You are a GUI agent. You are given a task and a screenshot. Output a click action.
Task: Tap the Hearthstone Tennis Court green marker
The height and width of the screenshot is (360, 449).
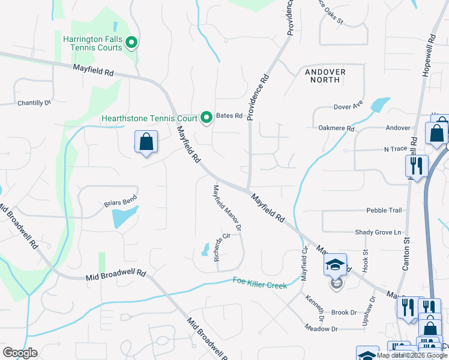(206, 116)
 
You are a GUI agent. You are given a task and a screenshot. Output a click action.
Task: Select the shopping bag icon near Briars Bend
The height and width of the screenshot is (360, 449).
(146, 143)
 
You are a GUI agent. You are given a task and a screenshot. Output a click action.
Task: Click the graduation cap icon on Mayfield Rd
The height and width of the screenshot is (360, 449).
(335, 265)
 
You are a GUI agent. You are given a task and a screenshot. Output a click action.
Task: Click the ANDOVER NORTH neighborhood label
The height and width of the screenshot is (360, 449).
(325, 76)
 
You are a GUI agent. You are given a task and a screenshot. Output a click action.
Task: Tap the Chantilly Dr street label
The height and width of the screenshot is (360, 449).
(34, 103)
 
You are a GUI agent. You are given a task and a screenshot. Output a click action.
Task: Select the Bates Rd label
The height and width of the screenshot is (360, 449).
(229, 116)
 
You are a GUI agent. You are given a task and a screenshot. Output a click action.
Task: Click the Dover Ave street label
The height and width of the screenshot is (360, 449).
(349, 106)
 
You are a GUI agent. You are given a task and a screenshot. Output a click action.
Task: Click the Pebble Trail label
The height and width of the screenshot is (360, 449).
(384, 211)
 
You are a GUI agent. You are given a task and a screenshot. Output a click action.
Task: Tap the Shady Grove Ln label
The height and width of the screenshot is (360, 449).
(378, 232)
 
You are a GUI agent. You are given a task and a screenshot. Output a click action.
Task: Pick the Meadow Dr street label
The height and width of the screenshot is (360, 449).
(321, 328)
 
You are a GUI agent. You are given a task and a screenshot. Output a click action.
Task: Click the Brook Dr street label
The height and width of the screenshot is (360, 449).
(344, 313)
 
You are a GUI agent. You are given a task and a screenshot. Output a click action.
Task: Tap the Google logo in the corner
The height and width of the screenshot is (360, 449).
(20, 353)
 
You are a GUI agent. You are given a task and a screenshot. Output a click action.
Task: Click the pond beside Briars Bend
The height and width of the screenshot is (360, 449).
(125, 217)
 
